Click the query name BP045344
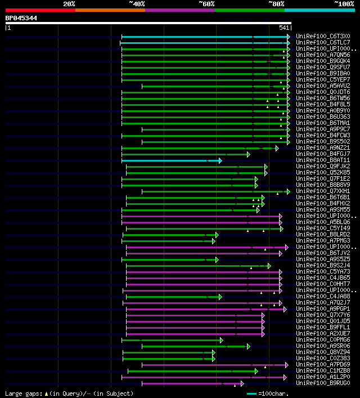pyautogui.click(x=21, y=18)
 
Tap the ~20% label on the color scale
pyautogui.click(x=69, y=3)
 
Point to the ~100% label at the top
pyautogui.click(x=344, y=3)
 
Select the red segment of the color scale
pyautogui.click(x=40, y=10)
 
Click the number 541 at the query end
pyautogui.click(x=283, y=28)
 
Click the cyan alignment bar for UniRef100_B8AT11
pyautogui.click(x=169, y=160)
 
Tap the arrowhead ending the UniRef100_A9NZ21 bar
pyautogui.click(x=277, y=148)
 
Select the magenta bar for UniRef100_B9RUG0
pyautogui.click(x=191, y=383)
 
